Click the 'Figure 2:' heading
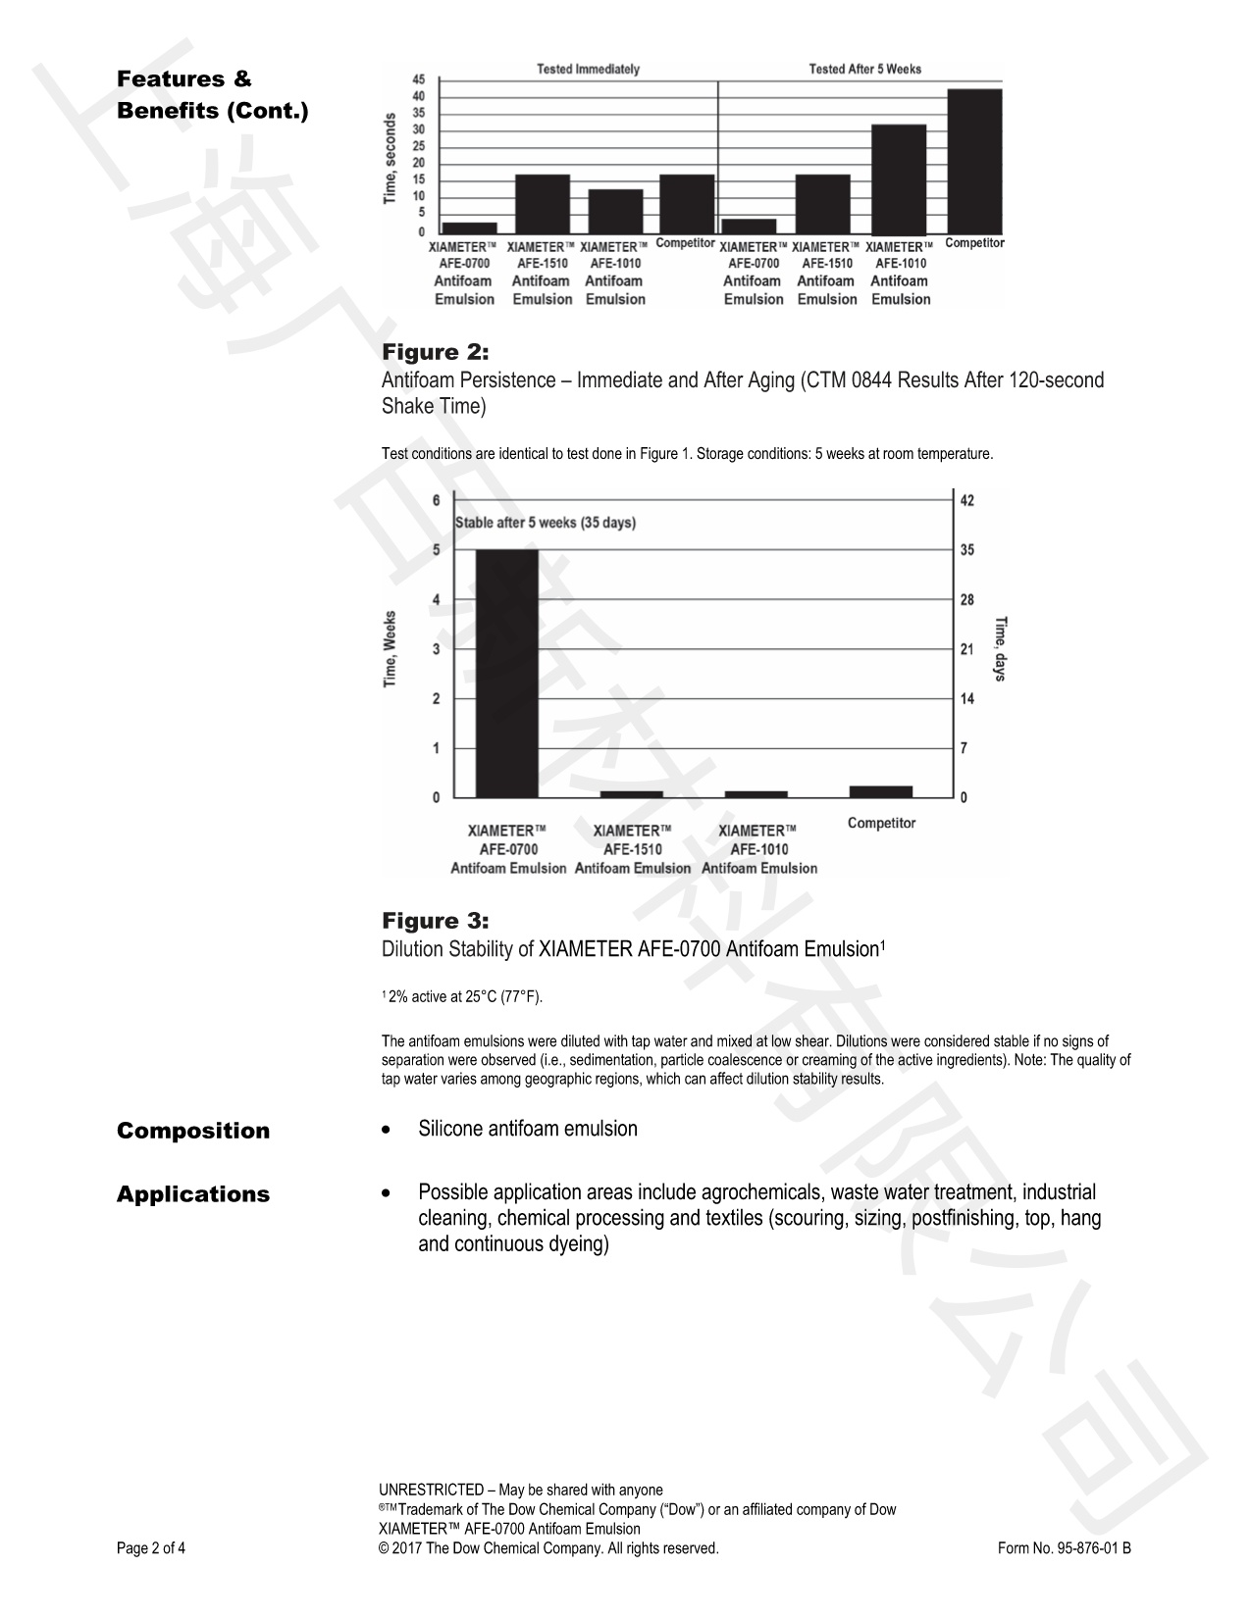(x=435, y=352)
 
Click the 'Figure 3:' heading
(x=435, y=921)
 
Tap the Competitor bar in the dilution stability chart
(x=880, y=791)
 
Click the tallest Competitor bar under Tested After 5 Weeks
(x=974, y=160)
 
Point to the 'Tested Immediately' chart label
(x=588, y=70)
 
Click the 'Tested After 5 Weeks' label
(x=864, y=70)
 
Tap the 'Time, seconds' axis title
(x=390, y=159)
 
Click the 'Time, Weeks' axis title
(x=390, y=648)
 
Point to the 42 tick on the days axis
(x=966, y=501)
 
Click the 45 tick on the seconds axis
(x=419, y=79)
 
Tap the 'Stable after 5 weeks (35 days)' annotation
(x=545, y=523)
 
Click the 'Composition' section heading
(x=193, y=1131)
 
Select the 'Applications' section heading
(x=193, y=1194)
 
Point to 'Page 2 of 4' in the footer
(x=151, y=1549)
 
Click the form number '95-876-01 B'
(x=1094, y=1549)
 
